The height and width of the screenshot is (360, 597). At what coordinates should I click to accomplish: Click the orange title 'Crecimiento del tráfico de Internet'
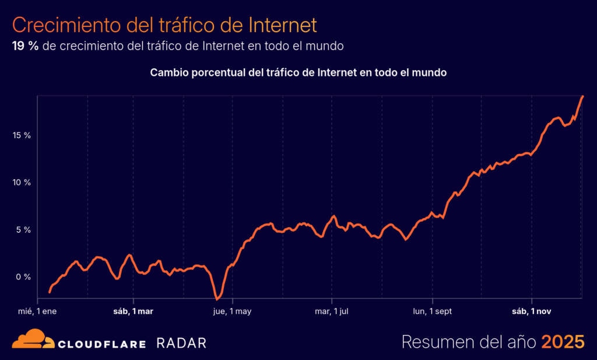164,25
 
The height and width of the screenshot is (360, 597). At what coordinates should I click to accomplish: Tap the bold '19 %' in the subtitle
25,46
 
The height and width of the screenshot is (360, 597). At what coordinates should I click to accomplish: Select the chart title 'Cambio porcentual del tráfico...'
298,73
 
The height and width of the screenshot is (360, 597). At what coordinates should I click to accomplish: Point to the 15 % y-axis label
22,135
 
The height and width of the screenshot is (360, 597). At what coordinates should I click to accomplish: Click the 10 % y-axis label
22,183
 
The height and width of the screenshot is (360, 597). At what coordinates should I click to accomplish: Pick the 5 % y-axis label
24,229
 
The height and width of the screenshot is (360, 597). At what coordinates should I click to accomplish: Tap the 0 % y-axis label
24,277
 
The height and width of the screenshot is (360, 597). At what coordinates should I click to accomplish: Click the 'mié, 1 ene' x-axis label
37,312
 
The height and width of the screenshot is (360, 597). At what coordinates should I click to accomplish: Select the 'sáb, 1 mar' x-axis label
133,312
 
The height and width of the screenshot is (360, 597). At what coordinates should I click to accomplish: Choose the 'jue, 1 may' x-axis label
232,312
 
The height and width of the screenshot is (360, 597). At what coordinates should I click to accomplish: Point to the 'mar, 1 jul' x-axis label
332,312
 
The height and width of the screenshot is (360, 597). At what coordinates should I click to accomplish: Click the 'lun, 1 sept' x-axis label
432,312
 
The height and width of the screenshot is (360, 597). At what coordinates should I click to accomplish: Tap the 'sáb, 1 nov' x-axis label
531,312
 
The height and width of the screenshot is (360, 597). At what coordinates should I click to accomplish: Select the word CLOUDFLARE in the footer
101,344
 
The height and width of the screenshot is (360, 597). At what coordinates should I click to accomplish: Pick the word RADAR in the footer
181,343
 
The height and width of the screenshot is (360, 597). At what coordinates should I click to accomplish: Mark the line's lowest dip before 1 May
217,299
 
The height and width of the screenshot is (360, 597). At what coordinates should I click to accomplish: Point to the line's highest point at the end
583,96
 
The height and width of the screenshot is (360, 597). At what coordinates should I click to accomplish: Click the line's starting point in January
50,292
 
